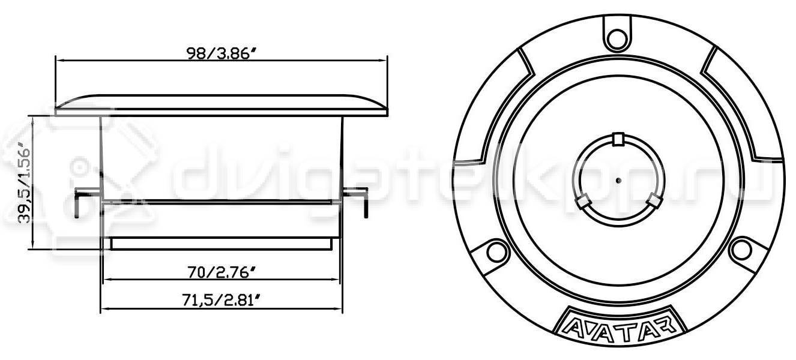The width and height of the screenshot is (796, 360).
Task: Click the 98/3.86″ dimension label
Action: (222, 53)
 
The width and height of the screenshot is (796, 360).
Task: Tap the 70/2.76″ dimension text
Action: (222, 272)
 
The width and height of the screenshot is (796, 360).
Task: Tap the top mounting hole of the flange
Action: (617, 38)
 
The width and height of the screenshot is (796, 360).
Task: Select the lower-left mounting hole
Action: (496, 251)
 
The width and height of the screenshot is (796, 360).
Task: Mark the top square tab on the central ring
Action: (619, 139)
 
